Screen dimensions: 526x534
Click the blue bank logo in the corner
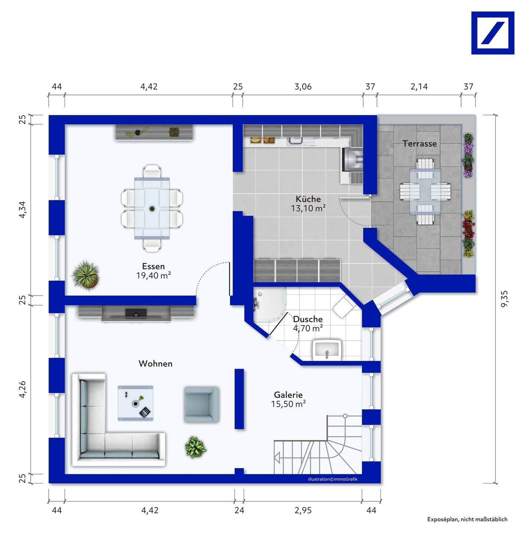(x=493, y=33)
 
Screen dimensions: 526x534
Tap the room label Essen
(x=153, y=266)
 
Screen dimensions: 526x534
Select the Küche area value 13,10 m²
(x=308, y=208)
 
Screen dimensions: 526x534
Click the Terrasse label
(x=420, y=144)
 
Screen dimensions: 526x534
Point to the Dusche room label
(x=308, y=319)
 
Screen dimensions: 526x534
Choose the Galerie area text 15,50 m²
(x=288, y=404)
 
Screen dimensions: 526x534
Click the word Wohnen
(x=155, y=363)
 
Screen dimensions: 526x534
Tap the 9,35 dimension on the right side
(x=504, y=299)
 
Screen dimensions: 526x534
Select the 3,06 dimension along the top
(x=303, y=87)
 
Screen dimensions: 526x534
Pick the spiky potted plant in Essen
(x=86, y=275)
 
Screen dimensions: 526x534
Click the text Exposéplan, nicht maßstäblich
(x=467, y=519)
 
